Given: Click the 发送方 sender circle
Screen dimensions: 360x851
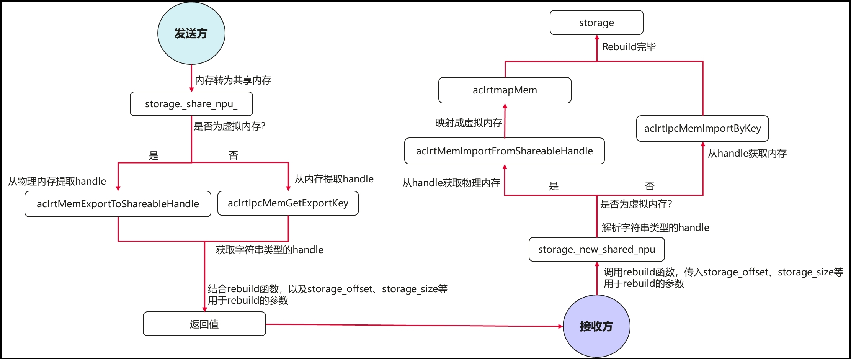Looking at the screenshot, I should coord(191,33).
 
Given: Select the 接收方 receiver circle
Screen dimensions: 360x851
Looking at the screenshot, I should coord(596,326).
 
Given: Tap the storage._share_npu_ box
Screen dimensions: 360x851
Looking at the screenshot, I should coord(191,104).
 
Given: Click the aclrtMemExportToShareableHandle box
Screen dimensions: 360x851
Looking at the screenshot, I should coord(118,204).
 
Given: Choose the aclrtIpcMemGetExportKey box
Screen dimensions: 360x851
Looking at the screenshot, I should coord(288,203).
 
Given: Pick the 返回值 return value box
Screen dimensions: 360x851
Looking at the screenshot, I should coord(204,324).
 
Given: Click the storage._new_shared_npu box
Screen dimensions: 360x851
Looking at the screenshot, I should coord(596,249).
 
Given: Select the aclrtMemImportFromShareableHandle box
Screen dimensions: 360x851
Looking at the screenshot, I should coord(504,151).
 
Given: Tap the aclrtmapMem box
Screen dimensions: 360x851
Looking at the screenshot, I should coord(505,90).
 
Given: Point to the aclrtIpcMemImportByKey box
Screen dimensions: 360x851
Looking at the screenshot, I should coord(702,128).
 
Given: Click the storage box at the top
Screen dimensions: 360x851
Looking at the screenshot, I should coord(596,23).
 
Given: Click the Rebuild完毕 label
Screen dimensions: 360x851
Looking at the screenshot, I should coord(629,47).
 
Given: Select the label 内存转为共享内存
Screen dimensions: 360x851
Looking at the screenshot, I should coord(233,80).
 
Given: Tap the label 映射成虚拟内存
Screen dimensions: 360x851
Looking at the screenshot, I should coord(469,123).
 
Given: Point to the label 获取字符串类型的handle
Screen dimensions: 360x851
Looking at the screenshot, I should coord(270,250).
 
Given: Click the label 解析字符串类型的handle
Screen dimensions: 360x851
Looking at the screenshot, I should coord(655,227).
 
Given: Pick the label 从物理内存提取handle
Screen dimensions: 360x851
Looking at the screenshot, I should coord(57,181).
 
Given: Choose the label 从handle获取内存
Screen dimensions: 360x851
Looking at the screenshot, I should coord(747,153).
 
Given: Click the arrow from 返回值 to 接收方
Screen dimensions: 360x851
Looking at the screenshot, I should coord(413,325).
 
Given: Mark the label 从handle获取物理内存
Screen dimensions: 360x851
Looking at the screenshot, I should coord(451,183).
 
